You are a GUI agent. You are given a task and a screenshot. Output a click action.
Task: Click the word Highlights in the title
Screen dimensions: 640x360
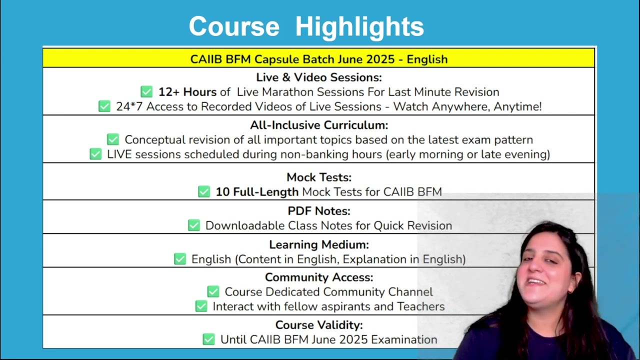(359, 27)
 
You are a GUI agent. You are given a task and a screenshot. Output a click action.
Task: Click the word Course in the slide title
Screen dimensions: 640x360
(234, 26)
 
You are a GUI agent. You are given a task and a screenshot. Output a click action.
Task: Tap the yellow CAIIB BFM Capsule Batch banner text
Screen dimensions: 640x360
(319, 59)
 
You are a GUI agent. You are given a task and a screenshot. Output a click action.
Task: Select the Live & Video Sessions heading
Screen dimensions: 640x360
(319, 77)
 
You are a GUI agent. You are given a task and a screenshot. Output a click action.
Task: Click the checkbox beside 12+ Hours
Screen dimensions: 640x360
(146, 91)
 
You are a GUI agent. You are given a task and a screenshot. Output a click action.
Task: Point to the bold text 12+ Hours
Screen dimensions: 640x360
(187, 92)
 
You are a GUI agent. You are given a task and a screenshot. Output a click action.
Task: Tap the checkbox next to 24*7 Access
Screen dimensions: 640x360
(104, 106)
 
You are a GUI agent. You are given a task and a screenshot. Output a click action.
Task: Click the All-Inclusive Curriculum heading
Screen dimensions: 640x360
(319, 125)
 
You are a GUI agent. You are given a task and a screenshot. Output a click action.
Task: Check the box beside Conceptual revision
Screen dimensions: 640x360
(113, 139)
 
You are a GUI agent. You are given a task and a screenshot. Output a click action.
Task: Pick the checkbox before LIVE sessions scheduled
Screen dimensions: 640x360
(95, 154)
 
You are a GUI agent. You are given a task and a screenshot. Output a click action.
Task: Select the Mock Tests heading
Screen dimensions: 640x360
(319, 177)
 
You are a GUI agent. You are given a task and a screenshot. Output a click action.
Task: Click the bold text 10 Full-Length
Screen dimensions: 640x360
(257, 192)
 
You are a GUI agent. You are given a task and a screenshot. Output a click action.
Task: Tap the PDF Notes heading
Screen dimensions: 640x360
(319, 211)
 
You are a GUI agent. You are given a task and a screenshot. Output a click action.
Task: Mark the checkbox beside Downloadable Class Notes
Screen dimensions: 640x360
(194, 225)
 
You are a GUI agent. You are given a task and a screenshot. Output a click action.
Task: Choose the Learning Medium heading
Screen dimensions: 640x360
(319, 244)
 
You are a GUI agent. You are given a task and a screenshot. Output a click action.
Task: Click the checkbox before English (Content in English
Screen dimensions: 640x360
(180, 259)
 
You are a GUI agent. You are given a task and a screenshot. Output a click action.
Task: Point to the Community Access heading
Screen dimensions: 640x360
(319, 277)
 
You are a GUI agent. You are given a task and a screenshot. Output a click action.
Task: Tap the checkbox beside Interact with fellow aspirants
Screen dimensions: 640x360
(201, 306)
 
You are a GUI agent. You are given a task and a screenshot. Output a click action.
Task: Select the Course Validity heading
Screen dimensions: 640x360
(319, 325)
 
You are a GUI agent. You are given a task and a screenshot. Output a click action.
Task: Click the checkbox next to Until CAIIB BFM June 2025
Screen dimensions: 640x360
(208, 339)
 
